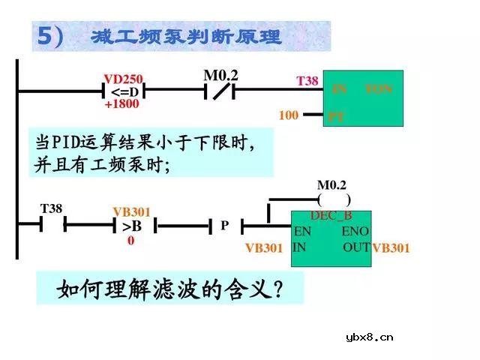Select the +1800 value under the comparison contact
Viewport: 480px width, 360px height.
(121, 104)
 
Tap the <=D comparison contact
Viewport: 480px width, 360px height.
(123, 91)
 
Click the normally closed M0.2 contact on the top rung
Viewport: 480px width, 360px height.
(220, 91)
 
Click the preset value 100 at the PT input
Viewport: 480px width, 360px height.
(289, 115)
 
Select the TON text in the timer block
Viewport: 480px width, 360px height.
(379, 89)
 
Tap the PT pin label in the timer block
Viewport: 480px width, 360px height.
(336, 117)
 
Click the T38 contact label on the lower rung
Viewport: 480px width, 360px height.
(51, 209)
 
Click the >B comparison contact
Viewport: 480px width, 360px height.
(131, 225)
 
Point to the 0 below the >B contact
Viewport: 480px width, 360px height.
(130, 240)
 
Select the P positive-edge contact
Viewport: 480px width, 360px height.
(224, 225)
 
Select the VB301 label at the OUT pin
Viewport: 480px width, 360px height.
(391, 247)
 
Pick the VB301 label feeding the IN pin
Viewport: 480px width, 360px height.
(264, 248)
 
